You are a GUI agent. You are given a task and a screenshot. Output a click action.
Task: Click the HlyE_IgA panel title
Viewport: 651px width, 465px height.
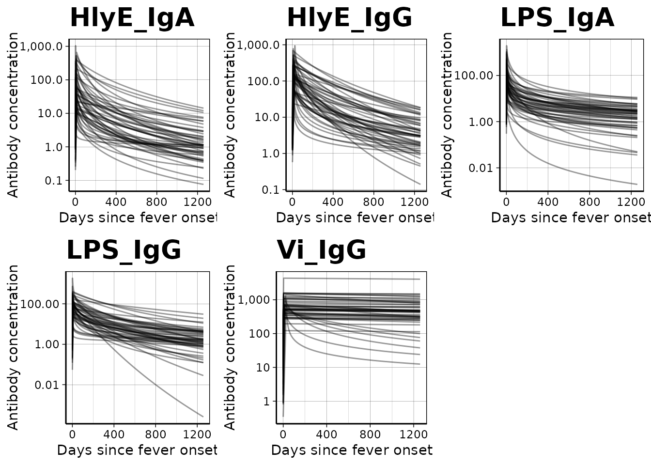point(132,18)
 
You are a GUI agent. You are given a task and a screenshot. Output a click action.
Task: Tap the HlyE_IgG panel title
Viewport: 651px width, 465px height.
point(349,18)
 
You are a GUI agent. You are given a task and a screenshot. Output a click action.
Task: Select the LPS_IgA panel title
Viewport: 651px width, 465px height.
point(557,18)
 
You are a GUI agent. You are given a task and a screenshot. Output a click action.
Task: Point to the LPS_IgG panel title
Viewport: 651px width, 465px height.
point(124,251)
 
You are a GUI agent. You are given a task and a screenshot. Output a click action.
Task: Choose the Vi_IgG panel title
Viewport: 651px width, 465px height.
point(321,251)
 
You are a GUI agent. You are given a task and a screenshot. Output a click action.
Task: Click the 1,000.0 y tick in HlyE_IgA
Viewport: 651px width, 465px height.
point(46,46)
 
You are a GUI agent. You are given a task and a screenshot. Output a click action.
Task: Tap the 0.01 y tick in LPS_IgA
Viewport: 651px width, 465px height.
point(481,168)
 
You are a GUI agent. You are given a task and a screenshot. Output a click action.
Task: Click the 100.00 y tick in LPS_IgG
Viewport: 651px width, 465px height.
point(46,304)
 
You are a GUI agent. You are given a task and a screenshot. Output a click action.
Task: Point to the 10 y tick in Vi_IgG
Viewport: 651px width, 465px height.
point(263,368)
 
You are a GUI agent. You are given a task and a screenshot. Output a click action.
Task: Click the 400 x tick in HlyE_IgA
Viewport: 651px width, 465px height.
point(116,202)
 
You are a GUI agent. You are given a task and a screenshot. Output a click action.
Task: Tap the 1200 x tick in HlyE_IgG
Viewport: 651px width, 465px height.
point(414,202)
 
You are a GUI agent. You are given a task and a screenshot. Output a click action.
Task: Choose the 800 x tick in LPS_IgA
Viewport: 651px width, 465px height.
point(589,202)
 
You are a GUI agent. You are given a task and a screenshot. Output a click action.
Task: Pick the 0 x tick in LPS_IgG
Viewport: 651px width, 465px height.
point(72,434)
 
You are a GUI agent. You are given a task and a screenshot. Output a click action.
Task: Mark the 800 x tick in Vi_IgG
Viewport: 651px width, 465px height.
point(370,434)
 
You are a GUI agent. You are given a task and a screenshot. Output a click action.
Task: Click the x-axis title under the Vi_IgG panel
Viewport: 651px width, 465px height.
point(351,450)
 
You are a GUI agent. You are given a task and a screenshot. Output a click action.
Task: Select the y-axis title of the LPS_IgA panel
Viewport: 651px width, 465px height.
point(447,115)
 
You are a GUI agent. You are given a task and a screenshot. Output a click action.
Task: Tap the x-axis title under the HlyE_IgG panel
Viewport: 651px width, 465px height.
point(354,218)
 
